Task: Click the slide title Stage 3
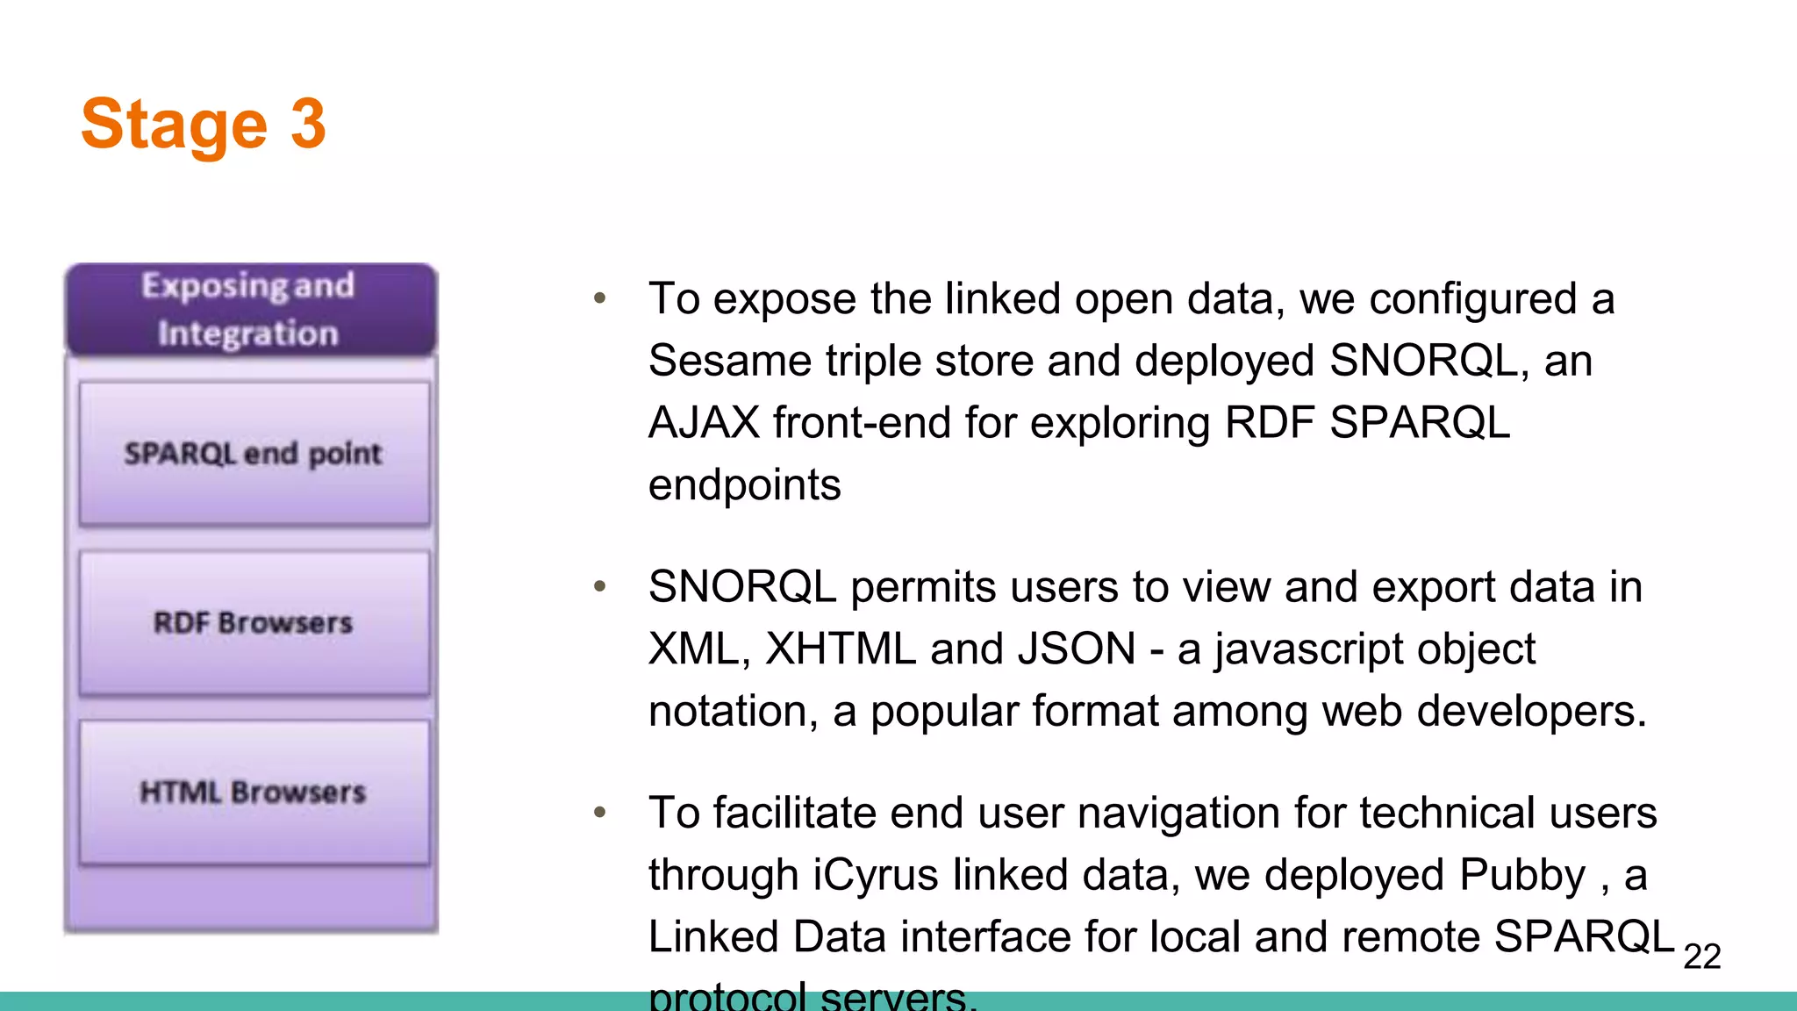204,125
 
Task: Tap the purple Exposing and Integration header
251,310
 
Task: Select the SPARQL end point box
254,454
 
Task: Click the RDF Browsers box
254,623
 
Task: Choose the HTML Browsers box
254,792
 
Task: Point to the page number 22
1701,957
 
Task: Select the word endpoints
744,485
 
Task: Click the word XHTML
841,649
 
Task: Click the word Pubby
1522,876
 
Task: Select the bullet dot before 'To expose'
600,298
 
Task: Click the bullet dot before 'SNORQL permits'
600,586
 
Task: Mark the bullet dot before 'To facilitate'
600,813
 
